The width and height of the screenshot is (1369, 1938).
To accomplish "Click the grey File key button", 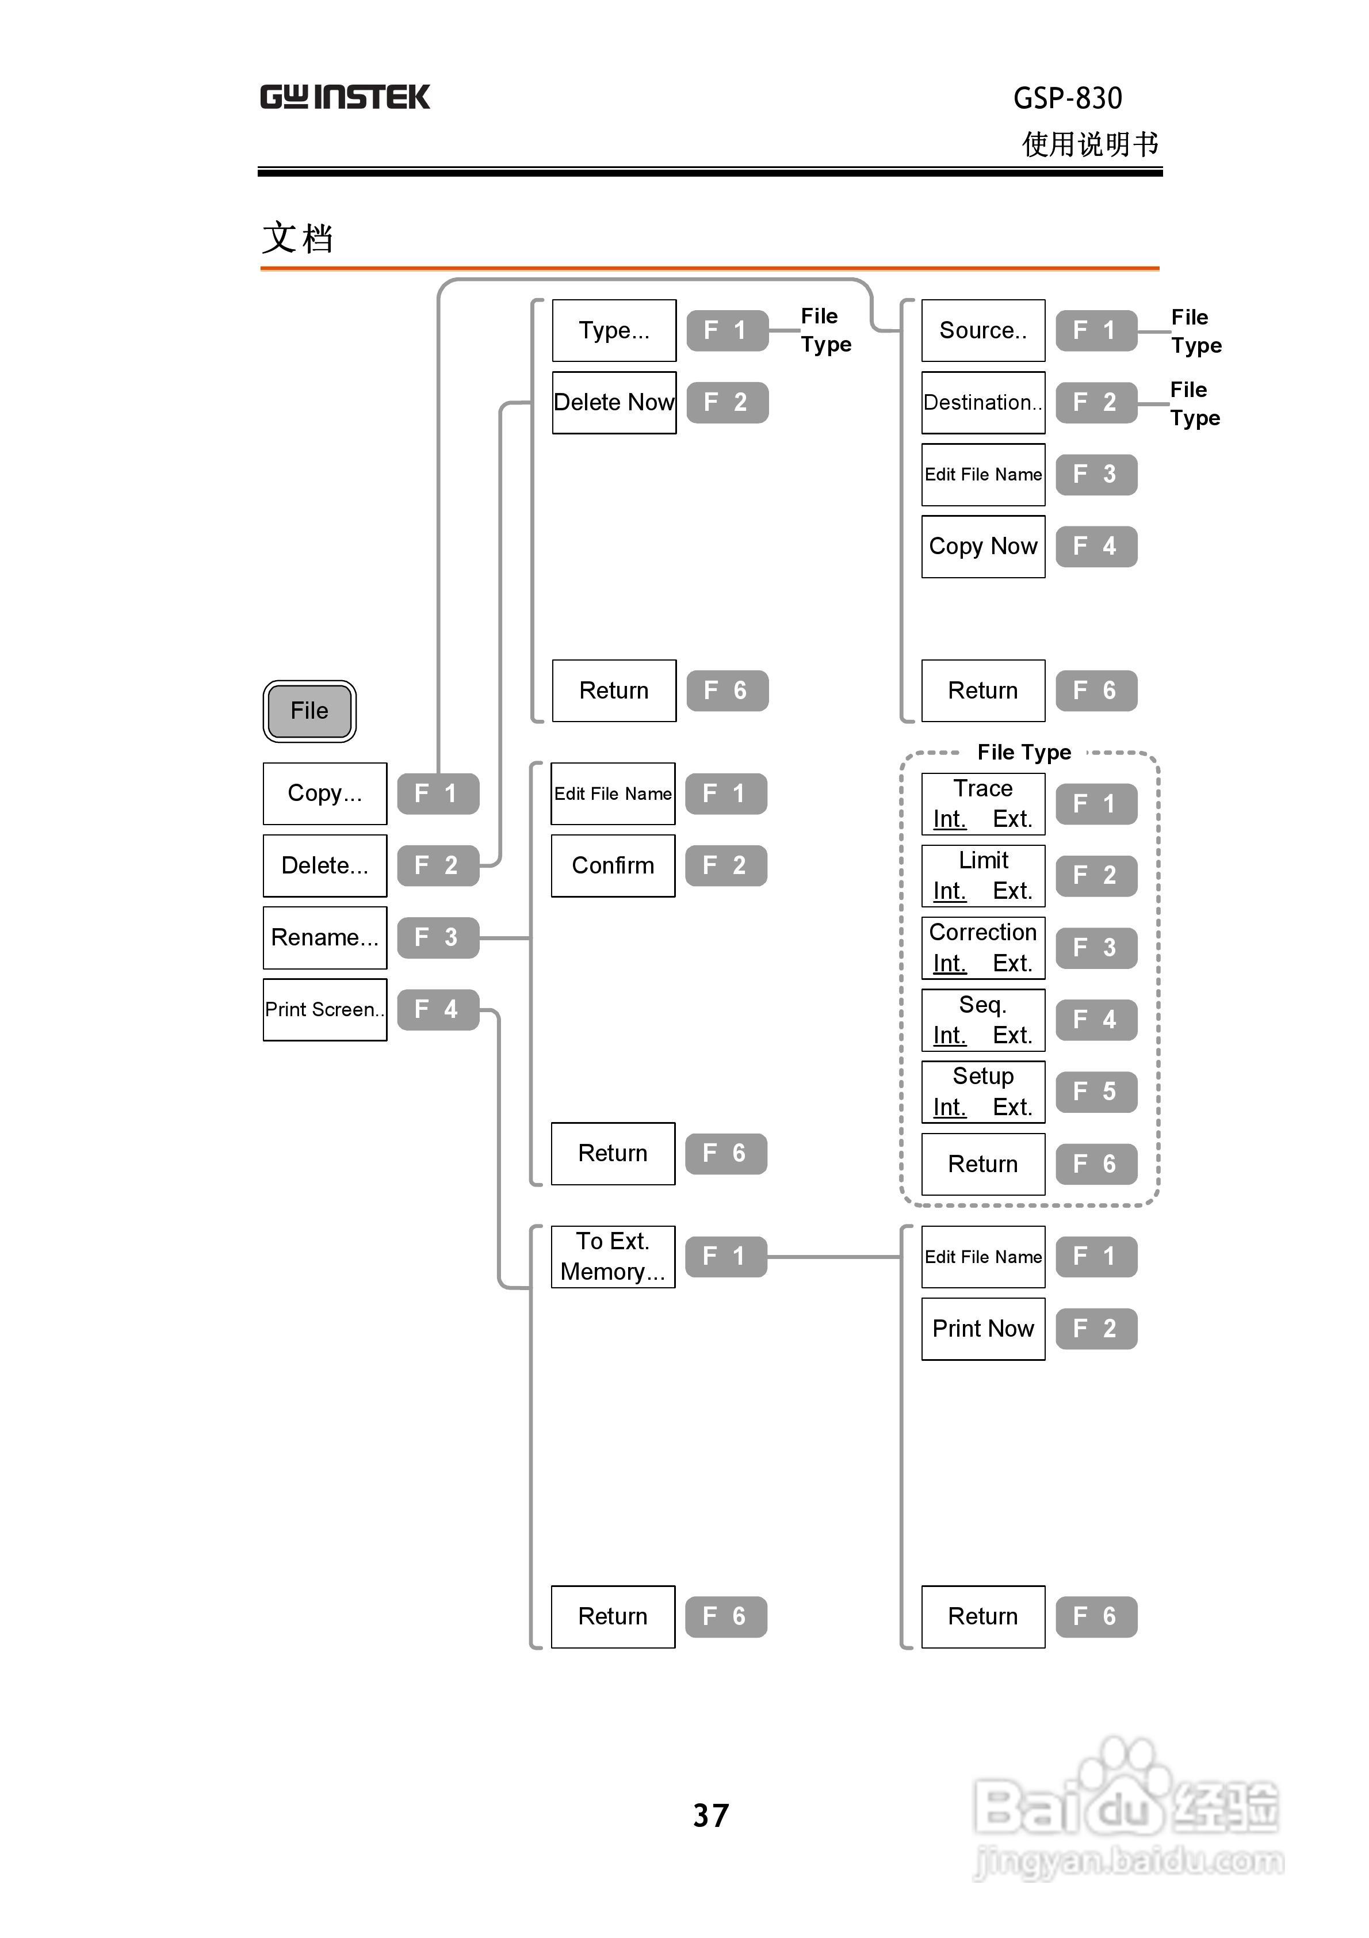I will (309, 711).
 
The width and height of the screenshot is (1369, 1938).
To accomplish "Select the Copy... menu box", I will (325, 793).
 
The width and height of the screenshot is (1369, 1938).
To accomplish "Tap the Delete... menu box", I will (325, 865).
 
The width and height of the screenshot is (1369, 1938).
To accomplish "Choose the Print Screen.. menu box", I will (325, 1009).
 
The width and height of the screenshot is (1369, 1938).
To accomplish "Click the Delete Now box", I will (614, 403).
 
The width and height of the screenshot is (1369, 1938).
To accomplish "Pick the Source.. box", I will (982, 330).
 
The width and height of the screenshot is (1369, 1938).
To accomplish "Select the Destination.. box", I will (982, 403).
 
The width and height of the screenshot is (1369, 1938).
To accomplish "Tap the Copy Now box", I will (982, 546).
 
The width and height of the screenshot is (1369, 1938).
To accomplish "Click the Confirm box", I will (613, 865).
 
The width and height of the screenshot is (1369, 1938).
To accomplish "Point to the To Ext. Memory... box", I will (613, 1256).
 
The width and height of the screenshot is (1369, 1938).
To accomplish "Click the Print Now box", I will (982, 1329).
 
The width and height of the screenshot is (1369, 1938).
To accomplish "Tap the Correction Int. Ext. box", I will (982, 948).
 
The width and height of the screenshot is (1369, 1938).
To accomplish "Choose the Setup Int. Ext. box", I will (982, 1092).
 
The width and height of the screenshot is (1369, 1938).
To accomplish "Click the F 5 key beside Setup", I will (1096, 1092).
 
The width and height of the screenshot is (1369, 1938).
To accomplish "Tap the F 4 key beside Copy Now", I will (1096, 546).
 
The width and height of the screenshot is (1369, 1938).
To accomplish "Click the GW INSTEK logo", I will (345, 97).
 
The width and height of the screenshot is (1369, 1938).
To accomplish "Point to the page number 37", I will (710, 1815).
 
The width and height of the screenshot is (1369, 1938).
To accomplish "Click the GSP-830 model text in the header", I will (1067, 99).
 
